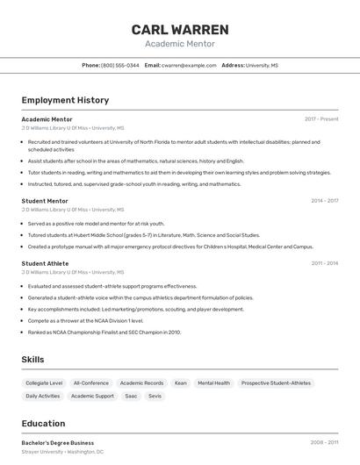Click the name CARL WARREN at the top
pyautogui.click(x=180, y=29)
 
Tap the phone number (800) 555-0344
pyautogui.click(x=119, y=65)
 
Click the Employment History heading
pyautogui.click(x=65, y=100)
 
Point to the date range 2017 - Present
pyautogui.click(x=321, y=118)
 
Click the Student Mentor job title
pyautogui.click(x=45, y=201)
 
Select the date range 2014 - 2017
pyautogui.click(x=324, y=201)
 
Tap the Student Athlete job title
pyautogui.click(x=45, y=263)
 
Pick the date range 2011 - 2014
pyautogui.click(x=324, y=263)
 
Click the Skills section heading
pyautogui.click(x=33, y=360)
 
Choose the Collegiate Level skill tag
pyautogui.click(x=44, y=383)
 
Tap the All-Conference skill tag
pyautogui.click(x=91, y=383)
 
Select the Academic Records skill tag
pyautogui.click(x=141, y=383)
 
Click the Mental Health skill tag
pyautogui.click(x=213, y=383)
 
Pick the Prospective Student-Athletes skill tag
pyautogui.click(x=276, y=383)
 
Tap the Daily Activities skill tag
pyautogui.click(x=43, y=397)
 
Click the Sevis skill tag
pyautogui.click(x=155, y=397)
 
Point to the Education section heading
pyautogui.click(x=44, y=423)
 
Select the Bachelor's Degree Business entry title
pyautogui.click(x=58, y=443)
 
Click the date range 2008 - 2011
pyautogui.click(x=324, y=443)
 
